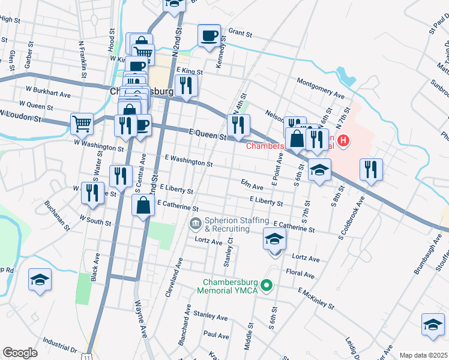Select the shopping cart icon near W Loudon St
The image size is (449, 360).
point(82,124)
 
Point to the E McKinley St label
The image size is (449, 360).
point(316,298)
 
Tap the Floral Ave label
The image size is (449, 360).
point(300,274)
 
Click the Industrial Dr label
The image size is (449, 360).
point(57,349)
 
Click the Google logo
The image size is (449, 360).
point(20,353)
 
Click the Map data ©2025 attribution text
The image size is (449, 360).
point(423,355)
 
